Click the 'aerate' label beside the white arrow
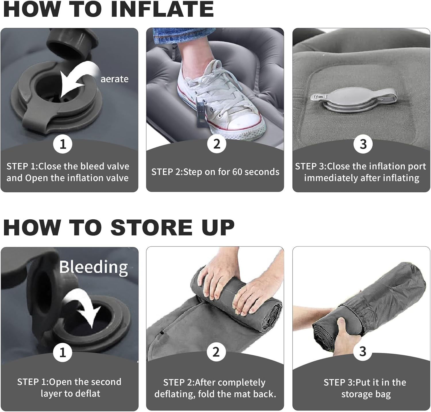(x=114, y=79)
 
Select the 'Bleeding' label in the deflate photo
(x=93, y=267)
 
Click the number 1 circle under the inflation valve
(x=63, y=144)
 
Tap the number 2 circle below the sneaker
(x=216, y=144)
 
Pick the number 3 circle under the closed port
(x=363, y=144)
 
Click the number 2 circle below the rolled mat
(x=215, y=352)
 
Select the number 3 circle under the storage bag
(x=363, y=351)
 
